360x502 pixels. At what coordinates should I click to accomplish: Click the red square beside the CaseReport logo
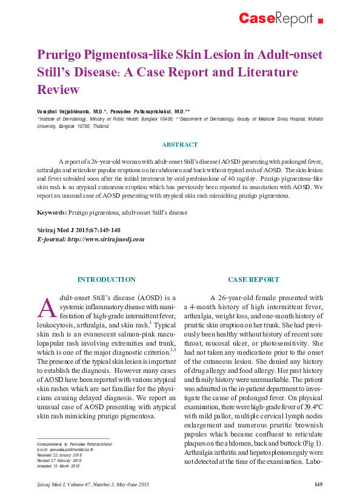[320, 21]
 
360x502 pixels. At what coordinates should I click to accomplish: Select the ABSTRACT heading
[179, 145]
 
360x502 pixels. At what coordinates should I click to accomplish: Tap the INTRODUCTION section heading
[106, 279]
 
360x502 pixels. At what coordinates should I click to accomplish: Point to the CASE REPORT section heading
[253, 279]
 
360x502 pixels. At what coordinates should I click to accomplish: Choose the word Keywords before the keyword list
[52, 213]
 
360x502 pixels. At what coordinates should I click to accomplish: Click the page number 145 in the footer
[318, 484]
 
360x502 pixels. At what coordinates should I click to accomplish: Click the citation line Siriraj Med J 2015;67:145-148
[79, 231]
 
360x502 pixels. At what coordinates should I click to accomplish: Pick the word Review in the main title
[58, 90]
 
